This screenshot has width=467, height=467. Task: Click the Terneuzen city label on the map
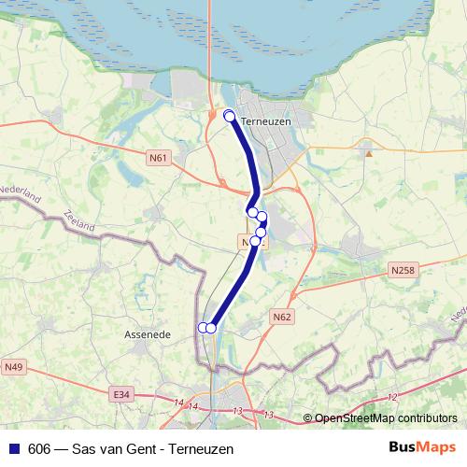[x=266, y=121]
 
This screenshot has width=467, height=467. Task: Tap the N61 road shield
[x=158, y=158]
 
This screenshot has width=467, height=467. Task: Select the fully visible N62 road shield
[x=282, y=318]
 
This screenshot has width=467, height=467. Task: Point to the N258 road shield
[x=403, y=270]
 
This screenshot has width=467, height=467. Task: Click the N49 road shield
[x=13, y=367]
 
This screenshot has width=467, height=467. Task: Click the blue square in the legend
[x=13, y=449]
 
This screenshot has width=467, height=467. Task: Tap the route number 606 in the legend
[x=39, y=449]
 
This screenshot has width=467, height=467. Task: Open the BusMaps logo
[x=421, y=448]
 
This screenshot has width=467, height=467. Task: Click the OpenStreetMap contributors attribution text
[x=385, y=418]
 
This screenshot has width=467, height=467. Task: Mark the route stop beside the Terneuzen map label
[x=230, y=116]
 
